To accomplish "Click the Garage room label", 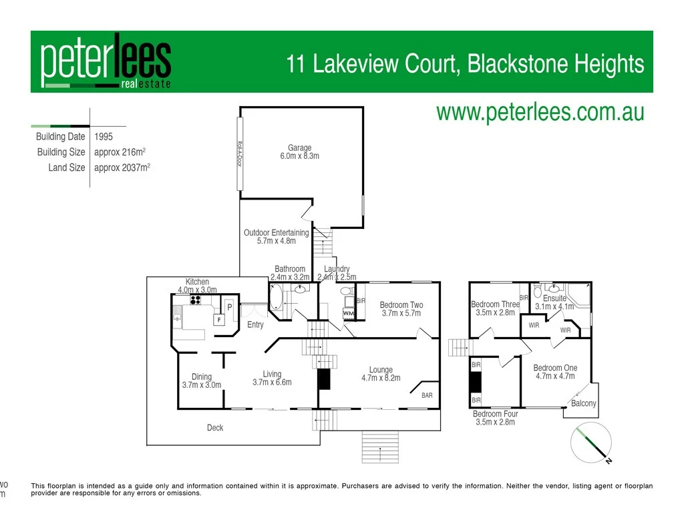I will coord(299,152).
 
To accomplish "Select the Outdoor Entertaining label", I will coord(276,237).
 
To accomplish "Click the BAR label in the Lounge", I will coord(427,395).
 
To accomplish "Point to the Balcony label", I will coord(583,403).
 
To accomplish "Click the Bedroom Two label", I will coord(401,309).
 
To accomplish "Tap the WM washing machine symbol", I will coord(348,312).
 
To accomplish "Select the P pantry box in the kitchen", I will coord(228,307).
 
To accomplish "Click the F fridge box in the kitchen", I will coord(218,320).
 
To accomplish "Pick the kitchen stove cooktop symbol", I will coord(196,300).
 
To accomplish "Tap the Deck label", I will coord(215,428).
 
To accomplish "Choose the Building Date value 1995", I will coord(104,137).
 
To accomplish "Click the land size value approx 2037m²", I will coord(122,168).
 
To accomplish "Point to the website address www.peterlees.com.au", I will coord(540,111).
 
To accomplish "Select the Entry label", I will coord(255,325).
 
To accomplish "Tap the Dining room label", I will coord(202,380).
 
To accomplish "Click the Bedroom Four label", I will coord(495,418).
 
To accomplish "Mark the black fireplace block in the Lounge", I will coord(324,379).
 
